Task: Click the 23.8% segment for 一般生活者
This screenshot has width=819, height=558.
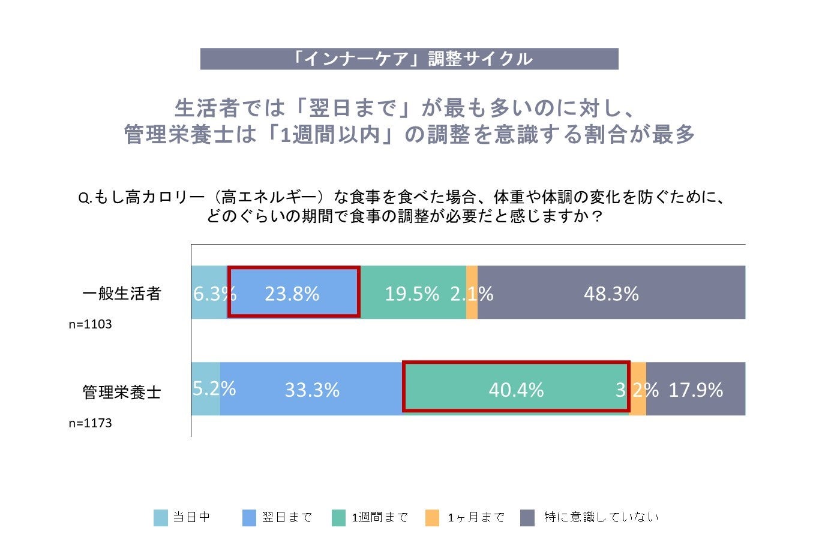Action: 293,292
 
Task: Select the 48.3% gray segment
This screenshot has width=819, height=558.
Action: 611,292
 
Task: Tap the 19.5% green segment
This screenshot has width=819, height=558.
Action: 413,292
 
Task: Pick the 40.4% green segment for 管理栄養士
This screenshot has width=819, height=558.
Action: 516,388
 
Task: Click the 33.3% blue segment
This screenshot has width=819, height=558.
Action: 311,388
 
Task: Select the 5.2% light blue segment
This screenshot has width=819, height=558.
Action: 206,388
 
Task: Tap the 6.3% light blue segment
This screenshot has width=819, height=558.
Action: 209,292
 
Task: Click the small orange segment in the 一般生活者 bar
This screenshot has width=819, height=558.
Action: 472,292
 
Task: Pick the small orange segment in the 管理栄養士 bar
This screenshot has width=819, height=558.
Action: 638,388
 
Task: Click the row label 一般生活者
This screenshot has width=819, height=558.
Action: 122,294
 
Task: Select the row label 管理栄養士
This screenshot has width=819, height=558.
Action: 122,392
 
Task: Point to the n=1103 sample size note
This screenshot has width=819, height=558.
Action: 90,324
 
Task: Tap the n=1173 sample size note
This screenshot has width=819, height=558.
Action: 90,423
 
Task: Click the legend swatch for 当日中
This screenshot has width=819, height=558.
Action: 161,518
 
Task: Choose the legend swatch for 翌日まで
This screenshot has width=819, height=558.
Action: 250,518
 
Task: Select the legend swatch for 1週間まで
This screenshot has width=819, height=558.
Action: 339,518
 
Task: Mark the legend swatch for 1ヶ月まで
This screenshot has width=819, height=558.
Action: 432,518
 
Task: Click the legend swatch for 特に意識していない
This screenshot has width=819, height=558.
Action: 527,518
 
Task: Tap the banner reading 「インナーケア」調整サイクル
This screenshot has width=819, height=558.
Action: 409,59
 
